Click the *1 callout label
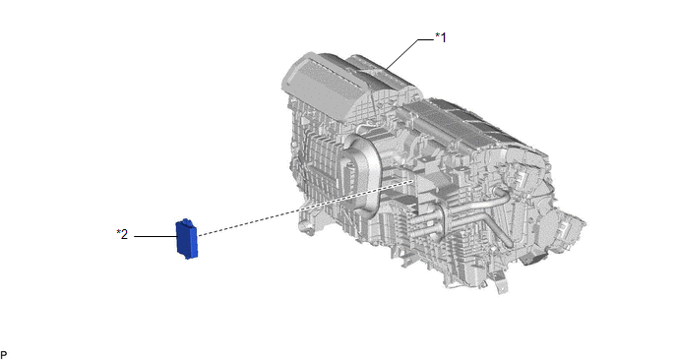[x=441, y=38]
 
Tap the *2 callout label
[x=122, y=234]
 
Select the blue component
[x=187, y=239]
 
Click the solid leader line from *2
[x=155, y=236]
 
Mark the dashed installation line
[x=305, y=209]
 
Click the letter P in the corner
[x=4, y=355]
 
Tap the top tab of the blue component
[x=187, y=221]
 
